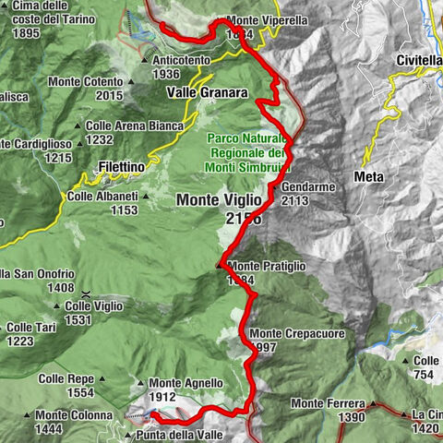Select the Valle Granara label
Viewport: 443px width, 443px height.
208,92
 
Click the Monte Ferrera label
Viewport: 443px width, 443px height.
328,403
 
